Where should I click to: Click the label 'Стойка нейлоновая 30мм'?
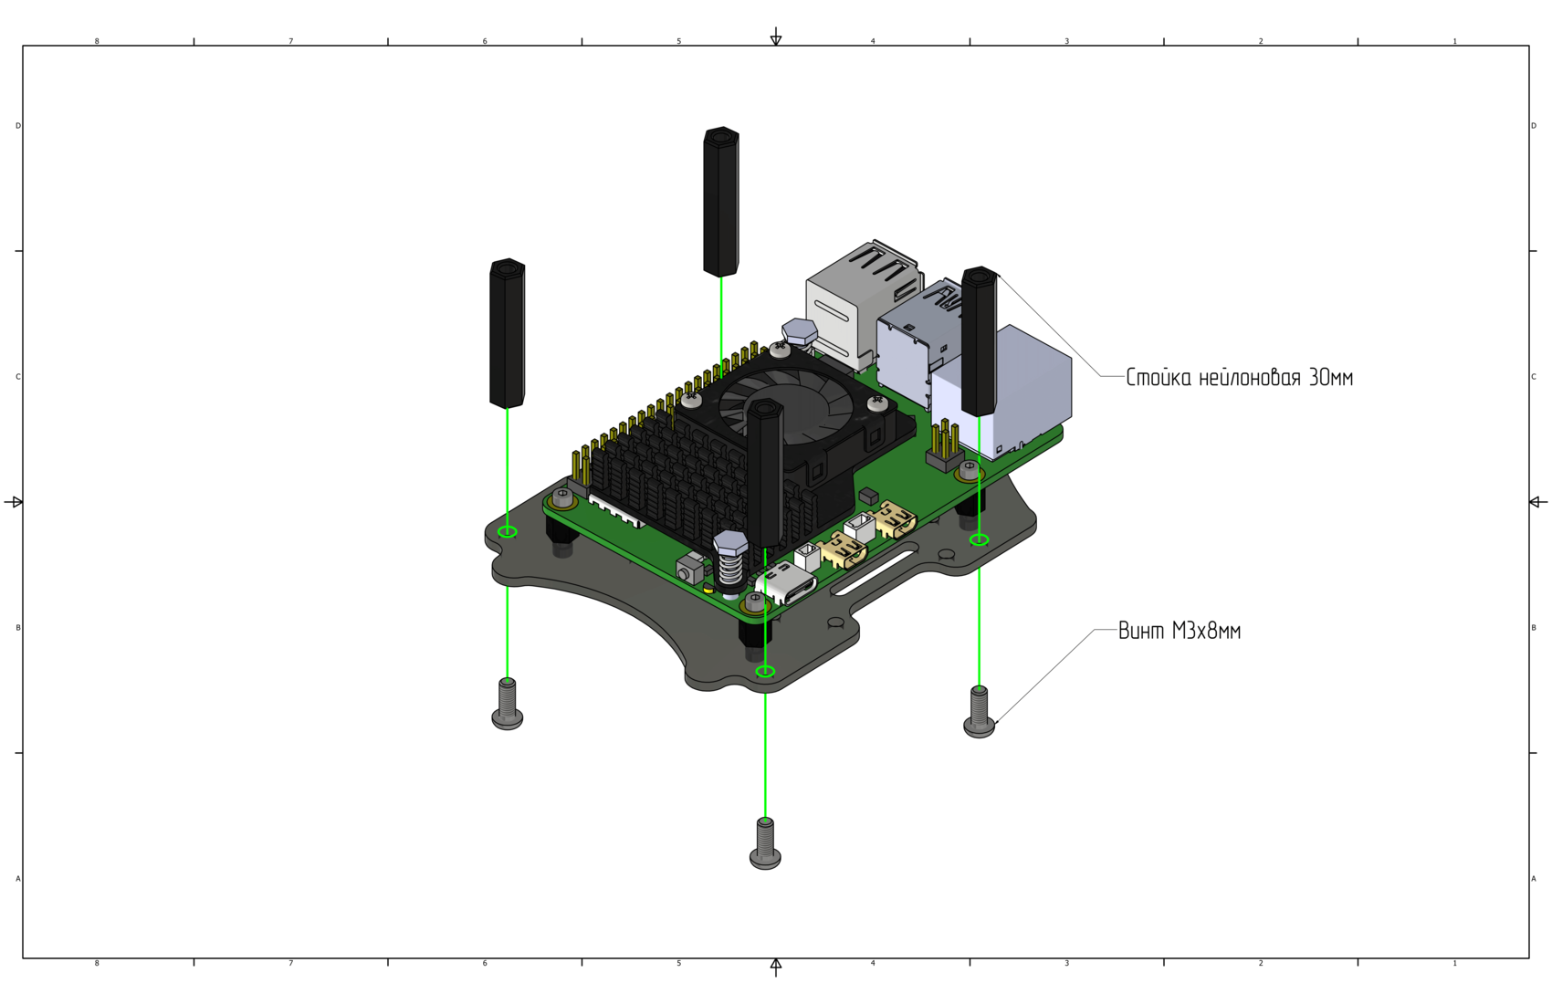[x=1239, y=378]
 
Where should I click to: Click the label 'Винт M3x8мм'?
[x=1180, y=632]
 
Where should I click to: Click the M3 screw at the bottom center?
[x=765, y=844]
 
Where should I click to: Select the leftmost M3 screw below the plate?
[x=508, y=706]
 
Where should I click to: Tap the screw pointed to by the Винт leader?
[x=979, y=713]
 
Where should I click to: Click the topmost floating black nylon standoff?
[x=721, y=202]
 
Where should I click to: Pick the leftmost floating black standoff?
[x=507, y=334]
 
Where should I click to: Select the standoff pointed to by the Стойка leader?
[x=979, y=341]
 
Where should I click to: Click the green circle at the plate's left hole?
[x=508, y=532]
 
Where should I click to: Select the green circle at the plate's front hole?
[x=765, y=672]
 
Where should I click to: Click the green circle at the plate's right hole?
[x=979, y=540]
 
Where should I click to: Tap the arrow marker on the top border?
[x=776, y=37]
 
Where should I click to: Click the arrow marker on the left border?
[x=14, y=502]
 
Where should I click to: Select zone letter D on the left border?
[x=17, y=126]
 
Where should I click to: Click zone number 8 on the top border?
[x=97, y=41]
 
